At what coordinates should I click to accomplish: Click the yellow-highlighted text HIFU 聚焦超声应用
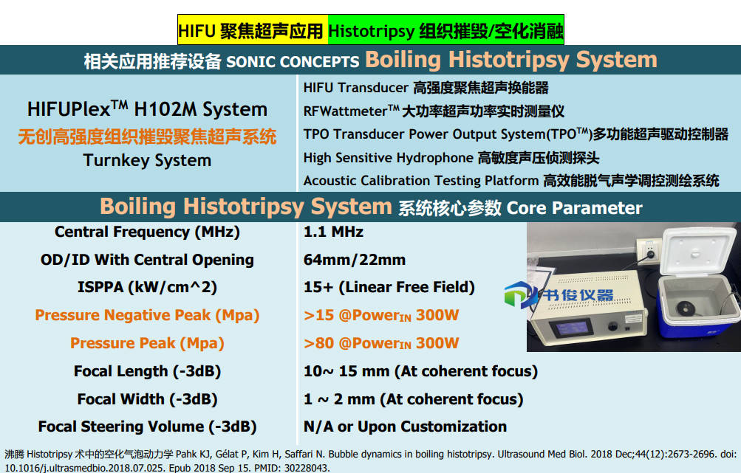point(250,31)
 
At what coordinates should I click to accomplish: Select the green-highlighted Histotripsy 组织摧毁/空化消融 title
point(445,31)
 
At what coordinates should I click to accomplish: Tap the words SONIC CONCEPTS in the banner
point(293,61)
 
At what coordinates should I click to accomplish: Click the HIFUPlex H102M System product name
point(147,108)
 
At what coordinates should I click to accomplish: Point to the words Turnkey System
point(147,161)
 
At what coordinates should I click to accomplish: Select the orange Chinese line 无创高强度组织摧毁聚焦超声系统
point(147,137)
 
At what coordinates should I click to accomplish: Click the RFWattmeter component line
point(434,111)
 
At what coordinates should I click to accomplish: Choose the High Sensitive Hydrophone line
point(451,158)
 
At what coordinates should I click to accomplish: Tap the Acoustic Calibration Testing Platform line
point(511,181)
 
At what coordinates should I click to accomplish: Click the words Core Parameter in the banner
point(574,208)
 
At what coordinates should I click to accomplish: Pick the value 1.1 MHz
point(333,232)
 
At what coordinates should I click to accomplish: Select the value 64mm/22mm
point(355,260)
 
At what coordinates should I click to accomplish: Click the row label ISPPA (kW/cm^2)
point(147,288)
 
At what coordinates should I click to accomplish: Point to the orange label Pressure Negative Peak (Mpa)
point(147,315)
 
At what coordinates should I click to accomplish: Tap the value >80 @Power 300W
point(381,343)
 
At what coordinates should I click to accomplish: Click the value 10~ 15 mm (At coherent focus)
point(420,371)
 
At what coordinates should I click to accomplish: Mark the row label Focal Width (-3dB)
point(147,399)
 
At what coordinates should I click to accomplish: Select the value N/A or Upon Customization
point(405,427)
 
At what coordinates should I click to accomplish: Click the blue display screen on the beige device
point(573,328)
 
